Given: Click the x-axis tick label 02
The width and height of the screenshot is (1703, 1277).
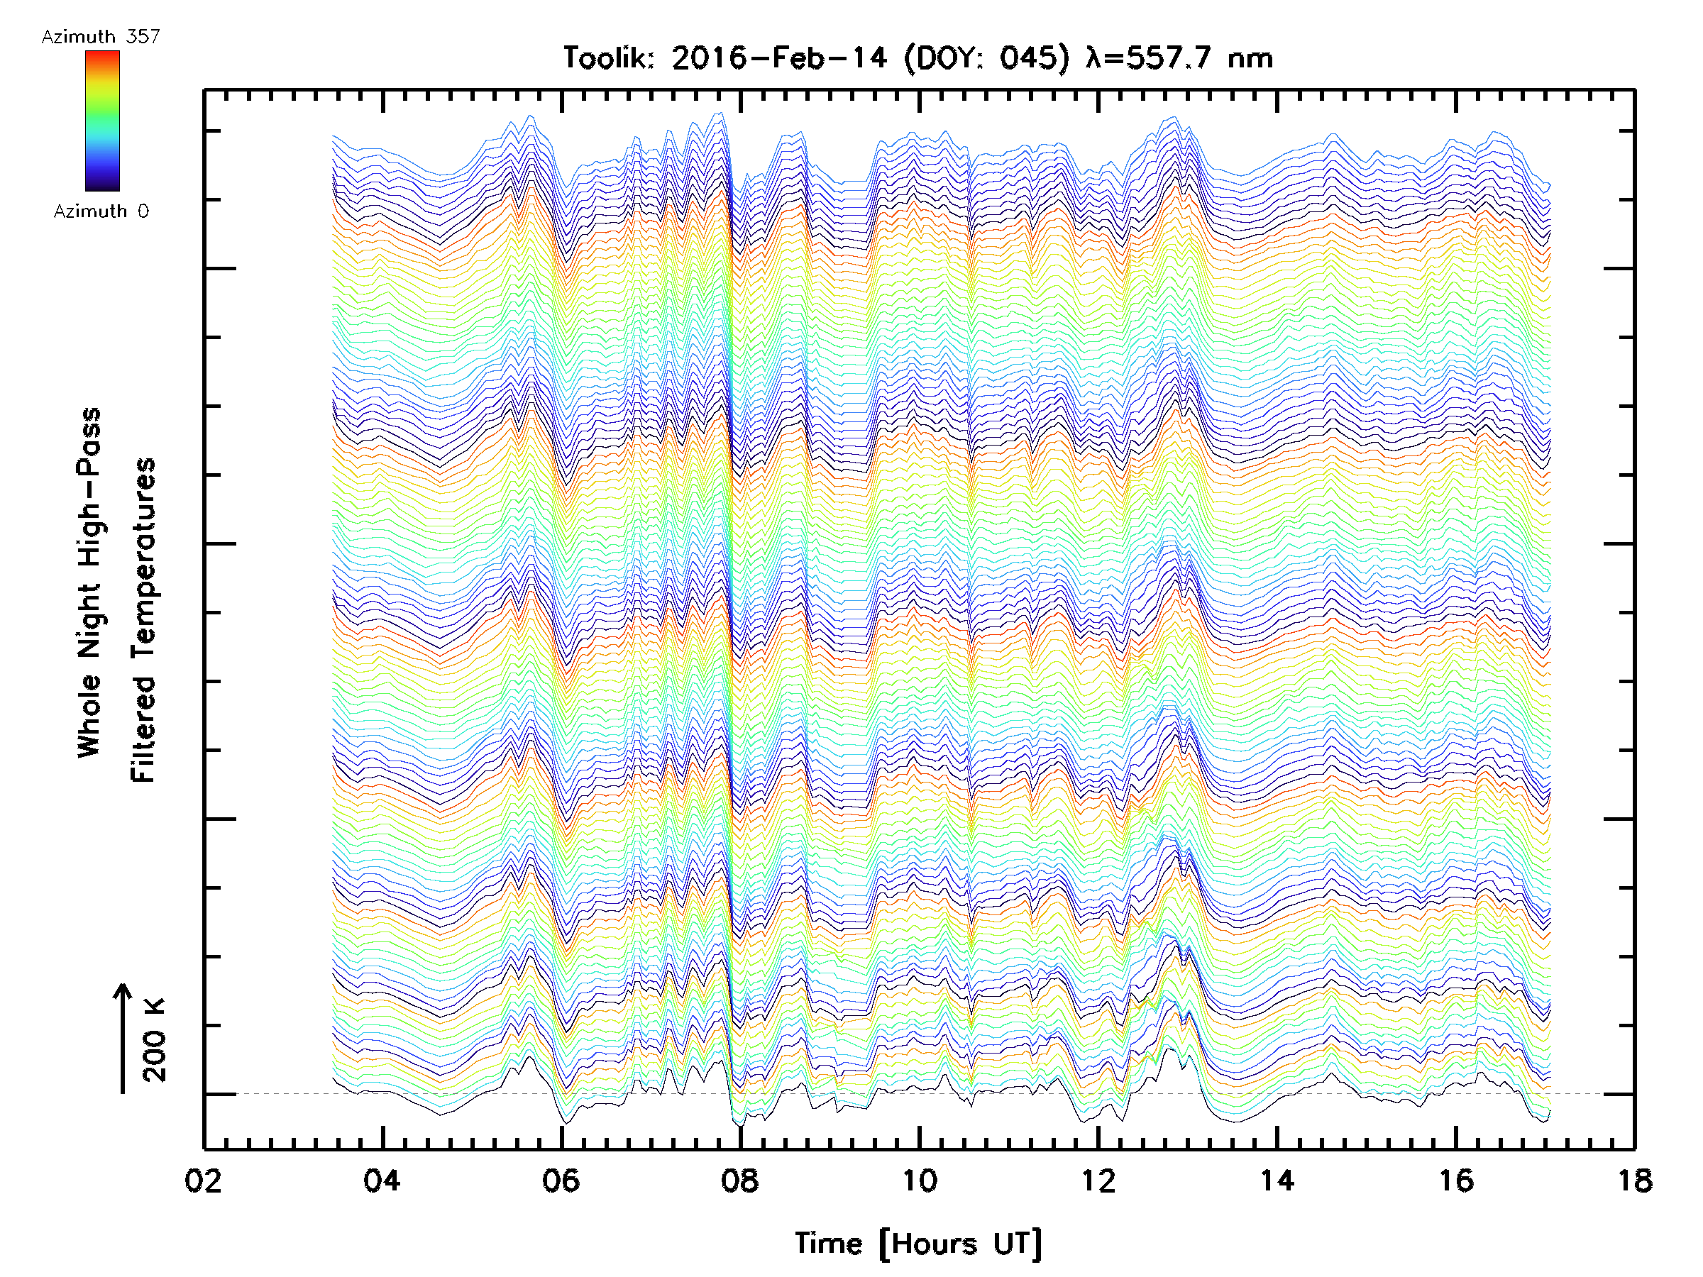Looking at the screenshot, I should coord(203,1180).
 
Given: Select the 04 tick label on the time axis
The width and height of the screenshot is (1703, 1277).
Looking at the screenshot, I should coord(382,1180).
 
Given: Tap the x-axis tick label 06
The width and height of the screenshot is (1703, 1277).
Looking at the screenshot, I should coord(561,1180).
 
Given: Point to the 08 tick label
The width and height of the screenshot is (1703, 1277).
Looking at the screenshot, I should coord(740,1180).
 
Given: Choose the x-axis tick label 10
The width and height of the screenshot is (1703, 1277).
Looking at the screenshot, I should coord(918,1180).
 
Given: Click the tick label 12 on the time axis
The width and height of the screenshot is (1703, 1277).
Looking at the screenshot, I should coord(1098,1180).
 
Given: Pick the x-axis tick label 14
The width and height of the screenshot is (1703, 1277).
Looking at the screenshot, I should coord(1277,1180).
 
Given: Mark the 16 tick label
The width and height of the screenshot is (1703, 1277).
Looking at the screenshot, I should coord(1456,1180).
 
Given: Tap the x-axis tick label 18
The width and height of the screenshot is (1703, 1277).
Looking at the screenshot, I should coord(1634,1180).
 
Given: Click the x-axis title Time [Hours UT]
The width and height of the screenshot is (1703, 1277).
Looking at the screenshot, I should coord(917,1243).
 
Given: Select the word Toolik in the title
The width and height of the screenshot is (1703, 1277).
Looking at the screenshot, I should coord(608,57).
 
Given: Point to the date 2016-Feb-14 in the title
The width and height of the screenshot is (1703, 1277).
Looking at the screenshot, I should coord(779,57).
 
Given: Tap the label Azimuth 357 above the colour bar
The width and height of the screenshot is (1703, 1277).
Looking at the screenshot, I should coord(101,36).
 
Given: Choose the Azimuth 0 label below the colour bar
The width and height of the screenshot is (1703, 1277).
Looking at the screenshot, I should coord(101,211).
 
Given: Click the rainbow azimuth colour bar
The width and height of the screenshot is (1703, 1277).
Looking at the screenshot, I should coord(102,121).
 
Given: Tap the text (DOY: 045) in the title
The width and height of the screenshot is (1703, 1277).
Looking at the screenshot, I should coord(986,57).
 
